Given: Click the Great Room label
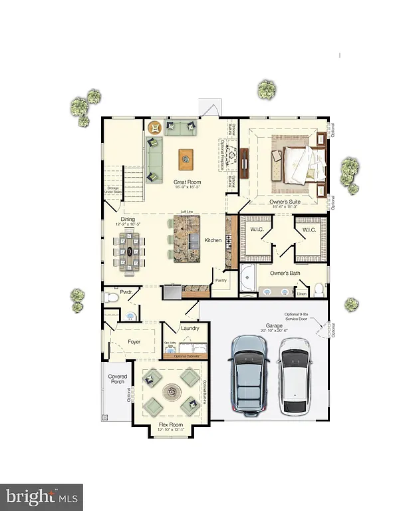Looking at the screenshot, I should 187,182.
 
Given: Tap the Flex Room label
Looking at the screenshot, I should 170,424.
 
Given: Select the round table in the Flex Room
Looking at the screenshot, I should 170,391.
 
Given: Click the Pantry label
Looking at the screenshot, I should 221,281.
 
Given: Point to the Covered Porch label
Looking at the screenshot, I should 118,380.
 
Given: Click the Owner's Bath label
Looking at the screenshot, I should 287,273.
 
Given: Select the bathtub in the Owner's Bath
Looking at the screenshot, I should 247,279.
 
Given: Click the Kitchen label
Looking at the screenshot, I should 213,240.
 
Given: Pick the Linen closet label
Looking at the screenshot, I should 301,293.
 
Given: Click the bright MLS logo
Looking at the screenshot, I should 41,496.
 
